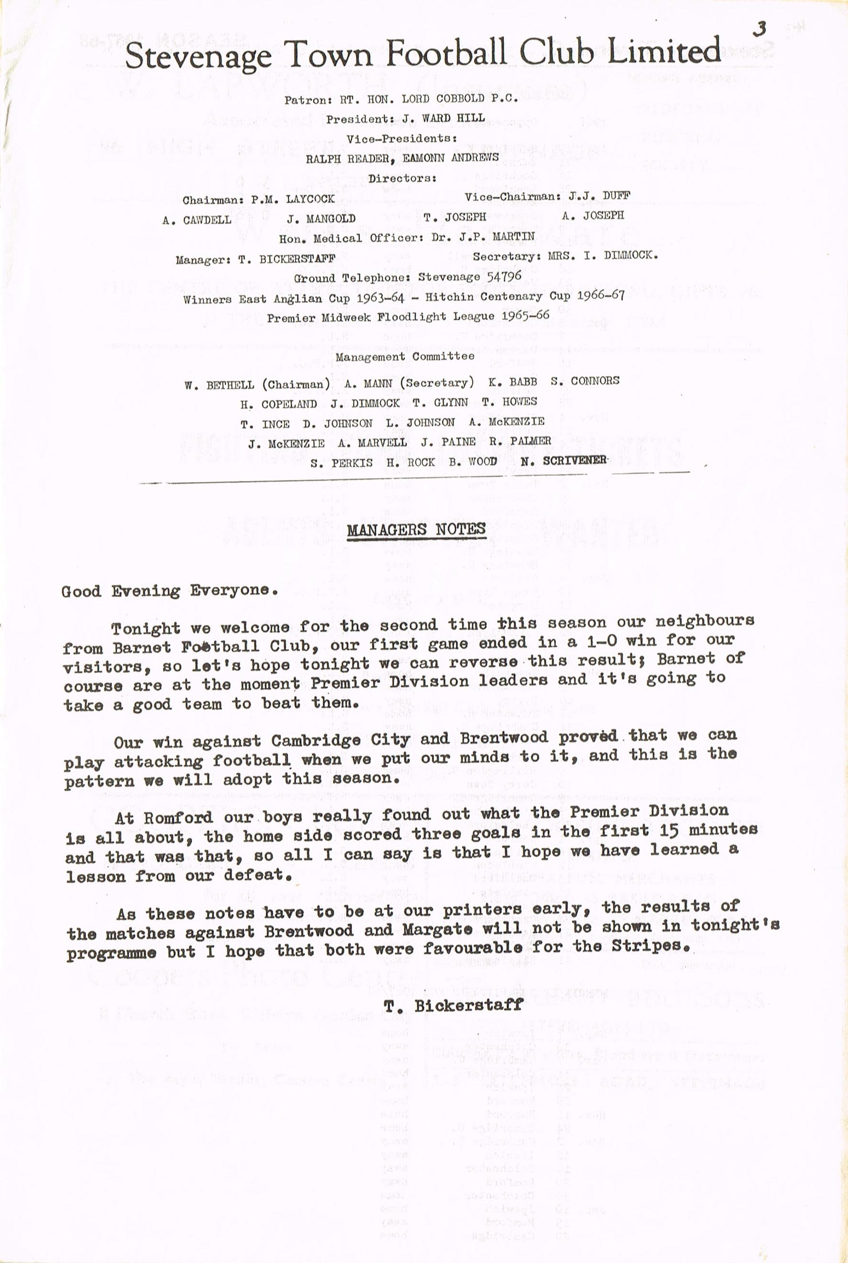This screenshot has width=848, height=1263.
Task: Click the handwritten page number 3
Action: [x=760, y=29]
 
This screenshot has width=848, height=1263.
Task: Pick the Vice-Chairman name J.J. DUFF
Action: [x=600, y=196]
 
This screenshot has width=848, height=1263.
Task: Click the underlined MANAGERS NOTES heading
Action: [x=416, y=529]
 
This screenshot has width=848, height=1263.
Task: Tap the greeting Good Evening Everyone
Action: [x=170, y=590]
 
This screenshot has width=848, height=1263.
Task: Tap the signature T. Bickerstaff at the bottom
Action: [x=453, y=1004]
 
